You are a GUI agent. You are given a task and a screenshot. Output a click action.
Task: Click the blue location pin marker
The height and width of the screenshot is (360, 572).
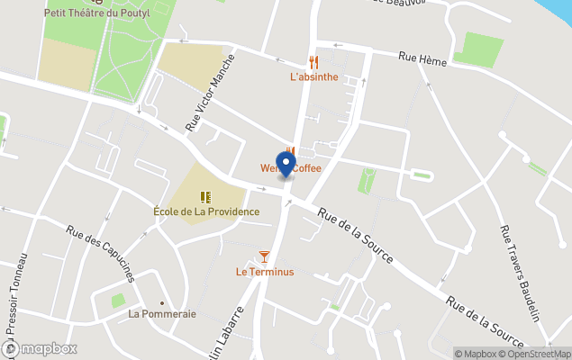pos(286,165)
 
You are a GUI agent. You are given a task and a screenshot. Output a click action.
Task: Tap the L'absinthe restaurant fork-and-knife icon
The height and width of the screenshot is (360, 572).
pos(313,61)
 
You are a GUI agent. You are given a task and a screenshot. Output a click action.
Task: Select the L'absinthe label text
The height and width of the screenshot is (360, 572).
pos(313,77)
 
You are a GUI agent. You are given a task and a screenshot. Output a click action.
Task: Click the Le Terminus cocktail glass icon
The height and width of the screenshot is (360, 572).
pos(265,256)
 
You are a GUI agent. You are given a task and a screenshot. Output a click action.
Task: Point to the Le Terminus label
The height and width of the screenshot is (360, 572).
pos(265,272)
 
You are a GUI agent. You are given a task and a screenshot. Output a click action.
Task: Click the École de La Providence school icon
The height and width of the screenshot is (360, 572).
pos(205,196)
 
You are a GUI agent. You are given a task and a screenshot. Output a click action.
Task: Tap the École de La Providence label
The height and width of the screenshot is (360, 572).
pos(205,212)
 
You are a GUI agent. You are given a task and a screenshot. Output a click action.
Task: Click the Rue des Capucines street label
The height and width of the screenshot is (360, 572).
pos(99,252)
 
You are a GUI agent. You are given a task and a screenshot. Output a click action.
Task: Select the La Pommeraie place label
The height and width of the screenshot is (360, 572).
pos(162,314)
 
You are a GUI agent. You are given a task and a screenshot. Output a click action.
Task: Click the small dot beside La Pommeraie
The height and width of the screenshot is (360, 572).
pos(162,302)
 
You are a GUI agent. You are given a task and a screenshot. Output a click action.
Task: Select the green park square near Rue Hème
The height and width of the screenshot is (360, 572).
pos(477,49)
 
